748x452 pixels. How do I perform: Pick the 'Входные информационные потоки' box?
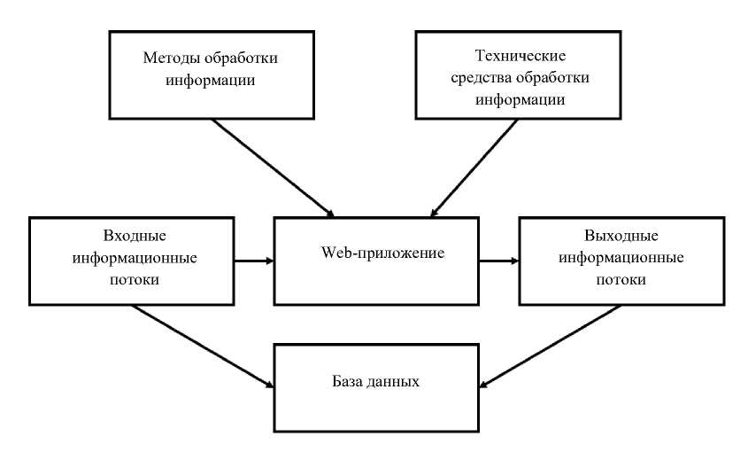(130, 260)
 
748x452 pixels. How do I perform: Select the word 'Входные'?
(131, 237)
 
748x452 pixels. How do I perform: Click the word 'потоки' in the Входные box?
(131, 281)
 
